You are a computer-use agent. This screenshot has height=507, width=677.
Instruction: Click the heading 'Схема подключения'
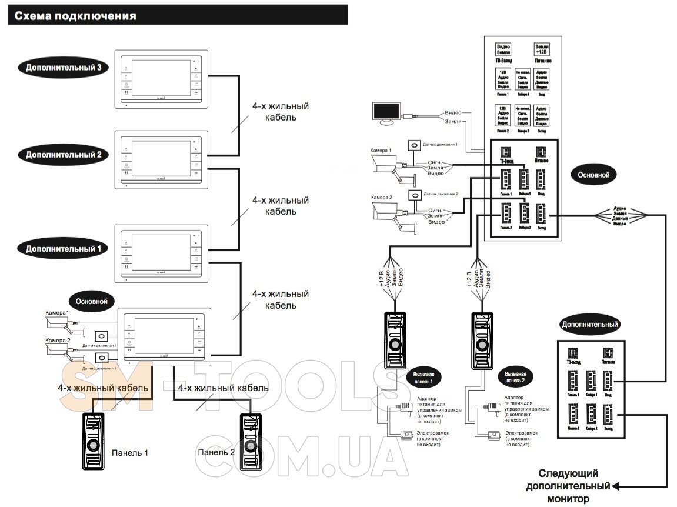pos(75,16)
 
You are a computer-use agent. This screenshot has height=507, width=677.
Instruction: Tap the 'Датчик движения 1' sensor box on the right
pos(415,145)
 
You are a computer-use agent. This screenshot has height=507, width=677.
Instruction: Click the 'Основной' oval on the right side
pos(593,175)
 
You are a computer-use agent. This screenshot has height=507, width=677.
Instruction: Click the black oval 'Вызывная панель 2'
pos(515,377)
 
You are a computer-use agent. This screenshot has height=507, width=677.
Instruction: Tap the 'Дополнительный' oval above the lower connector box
pos(589,324)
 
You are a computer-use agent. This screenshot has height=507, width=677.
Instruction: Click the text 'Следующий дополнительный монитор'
pos(569,486)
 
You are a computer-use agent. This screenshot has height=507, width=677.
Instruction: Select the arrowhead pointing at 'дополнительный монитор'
pos(616,486)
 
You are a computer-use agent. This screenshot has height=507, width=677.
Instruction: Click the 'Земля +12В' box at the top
pos(542,49)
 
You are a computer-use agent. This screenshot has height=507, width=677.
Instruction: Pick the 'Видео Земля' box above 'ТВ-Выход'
pos(503,49)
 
